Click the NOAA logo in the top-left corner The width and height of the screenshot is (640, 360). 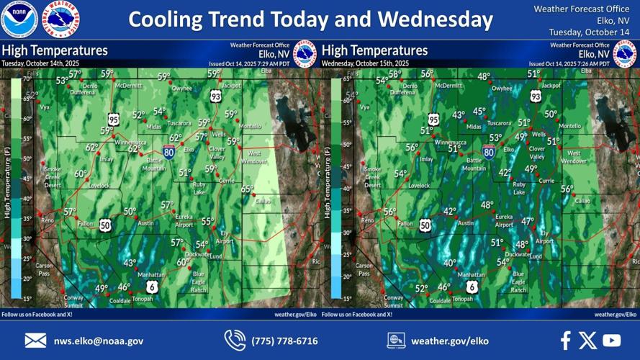[19, 19]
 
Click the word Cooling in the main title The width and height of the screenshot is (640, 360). [167, 19]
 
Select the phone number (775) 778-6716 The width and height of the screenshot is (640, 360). [284, 341]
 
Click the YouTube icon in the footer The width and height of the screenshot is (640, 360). [611, 341]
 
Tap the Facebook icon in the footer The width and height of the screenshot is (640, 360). [566, 341]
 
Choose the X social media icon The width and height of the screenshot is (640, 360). [587, 341]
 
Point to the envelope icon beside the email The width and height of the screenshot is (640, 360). [35, 341]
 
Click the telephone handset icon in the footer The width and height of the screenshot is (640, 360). [235, 340]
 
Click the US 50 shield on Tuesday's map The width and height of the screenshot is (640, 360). [105, 225]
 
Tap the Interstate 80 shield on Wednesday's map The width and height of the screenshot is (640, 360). [489, 151]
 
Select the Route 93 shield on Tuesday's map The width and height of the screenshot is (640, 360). [216, 96]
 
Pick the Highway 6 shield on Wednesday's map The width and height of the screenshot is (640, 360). [472, 287]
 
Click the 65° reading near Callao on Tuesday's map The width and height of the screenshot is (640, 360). [247, 189]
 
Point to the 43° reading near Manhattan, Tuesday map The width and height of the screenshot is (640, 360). [130, 264]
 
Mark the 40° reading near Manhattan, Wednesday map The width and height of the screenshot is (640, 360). [450, 264]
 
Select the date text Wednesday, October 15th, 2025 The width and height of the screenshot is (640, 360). [365, 63]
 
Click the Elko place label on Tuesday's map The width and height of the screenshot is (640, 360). [189, 150]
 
